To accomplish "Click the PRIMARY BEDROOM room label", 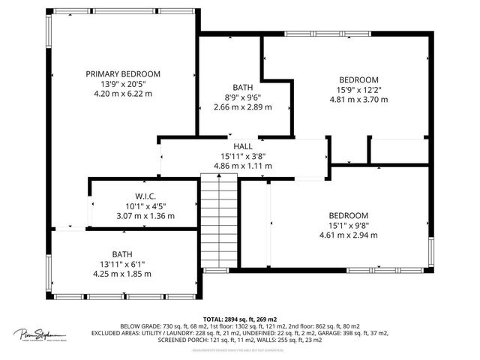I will [123, 73].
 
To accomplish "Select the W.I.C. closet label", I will [145, 196].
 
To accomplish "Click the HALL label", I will [242, 146].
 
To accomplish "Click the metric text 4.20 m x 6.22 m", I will [123, 94].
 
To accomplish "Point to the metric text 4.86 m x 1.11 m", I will [242, 166].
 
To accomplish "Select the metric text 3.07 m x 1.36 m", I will [145, 216].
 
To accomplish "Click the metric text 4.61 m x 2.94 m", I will [348, 235].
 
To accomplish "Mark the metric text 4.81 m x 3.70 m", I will [358, 99].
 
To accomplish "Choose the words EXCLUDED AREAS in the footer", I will [117, 333].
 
